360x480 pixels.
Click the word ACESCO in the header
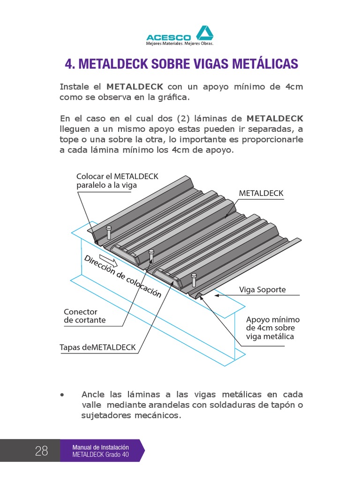point(168,37)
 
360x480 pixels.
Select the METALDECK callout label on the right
point(261,193)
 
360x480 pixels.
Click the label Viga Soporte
point(262,290)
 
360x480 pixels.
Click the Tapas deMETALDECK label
point(97,347)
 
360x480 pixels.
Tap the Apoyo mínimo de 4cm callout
point(272,328)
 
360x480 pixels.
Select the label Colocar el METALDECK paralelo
point(117,180)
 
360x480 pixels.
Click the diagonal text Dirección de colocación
point(122,277)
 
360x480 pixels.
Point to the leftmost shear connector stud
point(109,232)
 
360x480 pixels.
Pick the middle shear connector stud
point(151,256)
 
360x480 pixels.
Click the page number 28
point(41,451)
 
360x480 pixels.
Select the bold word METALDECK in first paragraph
point(135,87)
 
